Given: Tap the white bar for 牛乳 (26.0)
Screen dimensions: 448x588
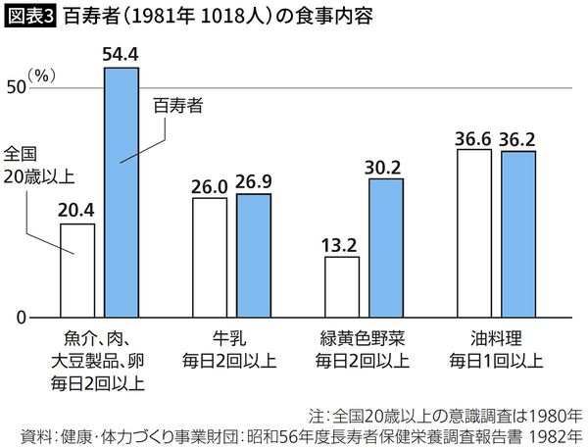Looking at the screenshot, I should click(x=210, y=258).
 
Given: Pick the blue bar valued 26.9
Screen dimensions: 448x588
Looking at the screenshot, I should click(x=254, y=256).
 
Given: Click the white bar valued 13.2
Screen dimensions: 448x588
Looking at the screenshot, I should click(x=342, y=288).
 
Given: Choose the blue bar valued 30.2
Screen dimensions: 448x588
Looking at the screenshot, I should click(x=386, y=249).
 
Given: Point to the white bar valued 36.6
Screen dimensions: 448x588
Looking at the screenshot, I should click(x=473, y=234).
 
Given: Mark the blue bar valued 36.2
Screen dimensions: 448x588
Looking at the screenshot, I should click(x=518, y=235).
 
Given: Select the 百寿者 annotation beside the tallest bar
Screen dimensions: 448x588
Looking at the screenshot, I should click(x=177, y=106).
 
